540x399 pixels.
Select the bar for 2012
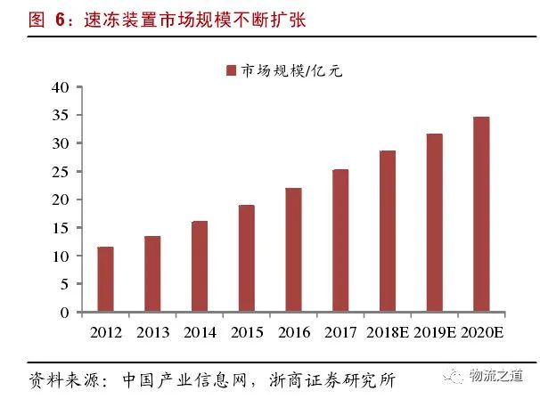[105, 280]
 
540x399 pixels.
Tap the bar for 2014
[200, 266]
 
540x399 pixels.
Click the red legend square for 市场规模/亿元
[232, 70]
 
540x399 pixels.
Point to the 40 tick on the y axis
[61, 87]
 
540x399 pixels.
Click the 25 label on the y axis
[61, 172]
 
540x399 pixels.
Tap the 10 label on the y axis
[61, 256]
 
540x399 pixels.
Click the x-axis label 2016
[293, 332]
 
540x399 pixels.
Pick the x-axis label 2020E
[482, 332]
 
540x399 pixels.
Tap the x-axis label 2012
[105, 332]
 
